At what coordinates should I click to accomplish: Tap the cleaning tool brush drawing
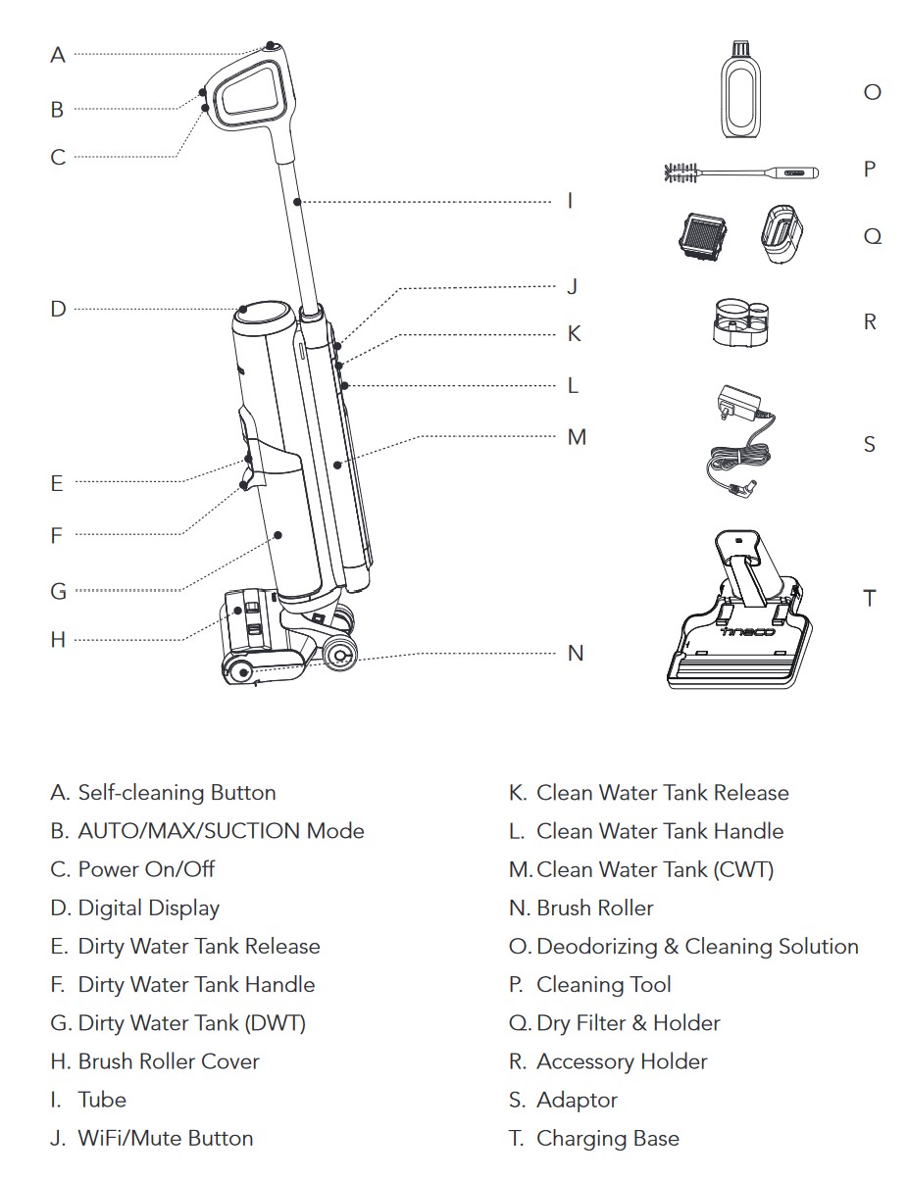(x=741, y=173)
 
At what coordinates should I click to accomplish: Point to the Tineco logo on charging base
(x=748, y=631)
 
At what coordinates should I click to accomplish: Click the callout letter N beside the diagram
(x=576, y=653)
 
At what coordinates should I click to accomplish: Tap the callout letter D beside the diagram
(x=58, y=309)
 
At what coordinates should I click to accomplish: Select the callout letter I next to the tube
(x=570, y=201)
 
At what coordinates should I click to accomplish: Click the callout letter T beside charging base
(x=869, y=598)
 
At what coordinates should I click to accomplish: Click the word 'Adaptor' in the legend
(x=577, y=1100)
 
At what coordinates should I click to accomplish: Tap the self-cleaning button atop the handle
(x=271, y=46)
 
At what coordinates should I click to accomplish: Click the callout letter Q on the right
(x=872, y=237)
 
